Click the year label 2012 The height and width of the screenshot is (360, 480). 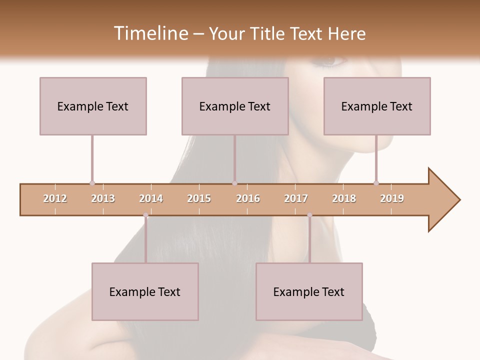pyautogui.click(x=55, y=198)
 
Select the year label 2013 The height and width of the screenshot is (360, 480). pyautogui.click(x=103, y=198)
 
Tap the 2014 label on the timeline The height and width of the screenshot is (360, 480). pyautogui.click(x=151, y=198)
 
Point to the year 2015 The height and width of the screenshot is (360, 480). pyautogui.click(x=199, y=198)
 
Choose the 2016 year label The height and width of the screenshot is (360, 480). pyautogui.click(x=248, y=198)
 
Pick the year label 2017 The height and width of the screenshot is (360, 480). pyautogui.click(x=296, y=198)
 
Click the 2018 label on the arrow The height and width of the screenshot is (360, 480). pyautogui.click(x=344, y=198)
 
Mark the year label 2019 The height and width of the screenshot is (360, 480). pyautogui.click(x=392, y=198)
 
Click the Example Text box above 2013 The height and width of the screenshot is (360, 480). pyautogui.click(x=93, y=106)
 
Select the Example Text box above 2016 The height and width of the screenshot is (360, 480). pyautogui.click(x=235, y=106)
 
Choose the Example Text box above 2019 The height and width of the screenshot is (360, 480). pyautogui.click(x=377, y=106)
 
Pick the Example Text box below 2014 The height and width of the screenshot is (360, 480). pyautogui.click(x=145, y=291)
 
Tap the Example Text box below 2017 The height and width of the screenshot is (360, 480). pyautogui.click(x=309, y=291)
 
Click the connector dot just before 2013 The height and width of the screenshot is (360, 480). pyautogui.click(x=92, y=183)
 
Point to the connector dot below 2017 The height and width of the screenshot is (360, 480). pyautogui.click(x=309, y=215)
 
